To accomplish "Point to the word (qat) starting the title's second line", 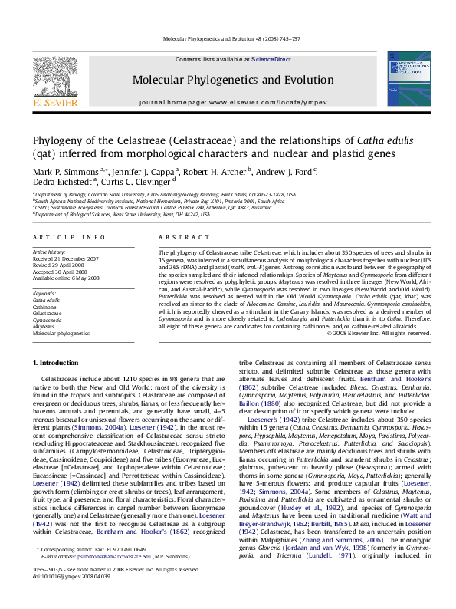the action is (x=44, y=153).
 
